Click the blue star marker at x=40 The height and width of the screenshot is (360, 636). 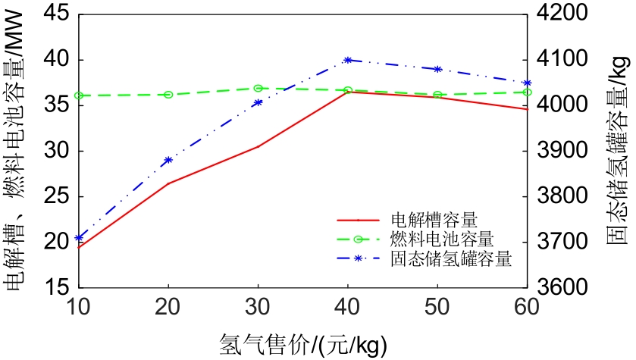pos(348,60)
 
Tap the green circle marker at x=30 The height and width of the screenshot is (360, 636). pos(258,89)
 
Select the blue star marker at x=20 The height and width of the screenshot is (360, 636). pos(168,160)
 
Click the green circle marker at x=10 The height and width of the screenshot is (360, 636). pos(79,95)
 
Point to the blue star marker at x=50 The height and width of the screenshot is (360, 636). pos(437,69)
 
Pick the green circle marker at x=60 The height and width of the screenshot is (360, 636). pos(527,92)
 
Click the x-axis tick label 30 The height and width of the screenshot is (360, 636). pos(258,307)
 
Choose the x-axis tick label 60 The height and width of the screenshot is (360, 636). pos(527,307)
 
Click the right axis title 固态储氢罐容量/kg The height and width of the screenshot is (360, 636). pos(618,152)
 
